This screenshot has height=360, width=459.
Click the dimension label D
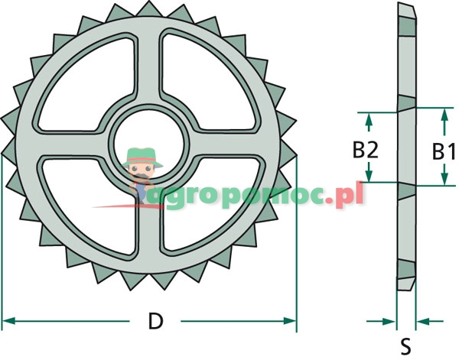point(155,322)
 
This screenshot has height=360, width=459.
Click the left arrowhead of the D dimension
point(9,321)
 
